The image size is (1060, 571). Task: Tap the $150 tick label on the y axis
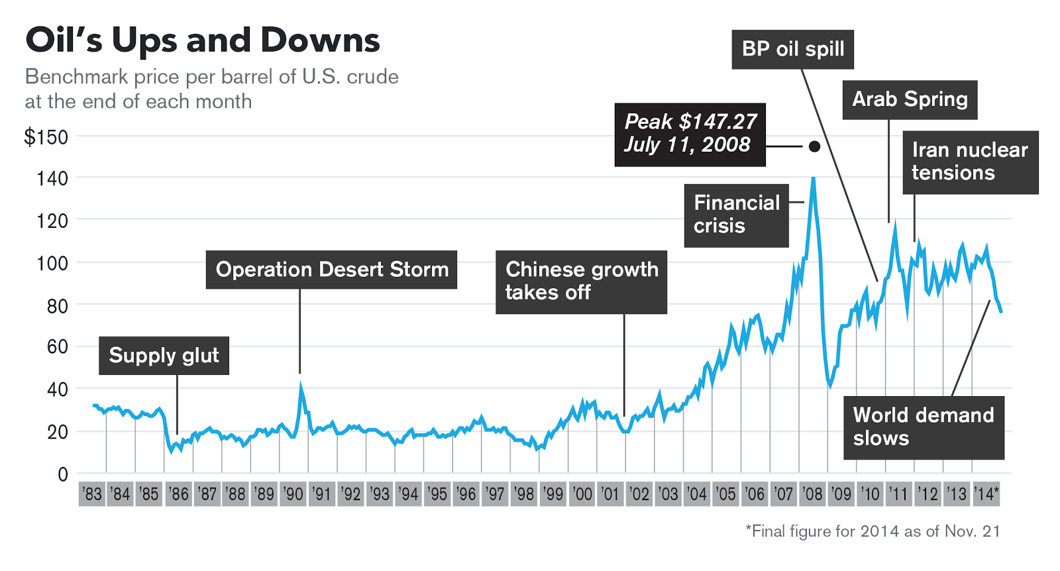click(x=46, y=137)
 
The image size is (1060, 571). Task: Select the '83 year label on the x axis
click(x=92, y=494)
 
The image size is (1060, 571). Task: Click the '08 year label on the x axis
click(x=812, y=494)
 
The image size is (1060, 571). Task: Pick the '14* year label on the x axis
click(x=986, y=494)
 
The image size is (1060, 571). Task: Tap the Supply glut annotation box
click(x=164, y=356)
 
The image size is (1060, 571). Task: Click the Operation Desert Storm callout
click(x=331, y=270)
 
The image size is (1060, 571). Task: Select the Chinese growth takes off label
click(x=581, y=282)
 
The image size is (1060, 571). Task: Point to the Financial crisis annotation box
click(x=736, y=215)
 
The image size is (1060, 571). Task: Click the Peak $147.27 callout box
click(x=690, y=134)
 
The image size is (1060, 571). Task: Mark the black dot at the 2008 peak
click(x=814, y=146)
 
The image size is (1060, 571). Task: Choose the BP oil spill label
click(x=792, y=49)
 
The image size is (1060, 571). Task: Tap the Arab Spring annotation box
click(x=910, y=99)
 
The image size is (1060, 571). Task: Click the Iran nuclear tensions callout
click(x=970, y=162)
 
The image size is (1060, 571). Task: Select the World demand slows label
click(x=924, y=427)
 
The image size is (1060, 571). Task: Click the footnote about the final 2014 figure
click(x=873, y=531)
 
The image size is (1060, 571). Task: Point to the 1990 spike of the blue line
click(x=301, y=385)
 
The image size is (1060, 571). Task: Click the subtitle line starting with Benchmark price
click(x=211, y=77)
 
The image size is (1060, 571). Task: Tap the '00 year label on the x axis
click(x=582, y=494)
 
